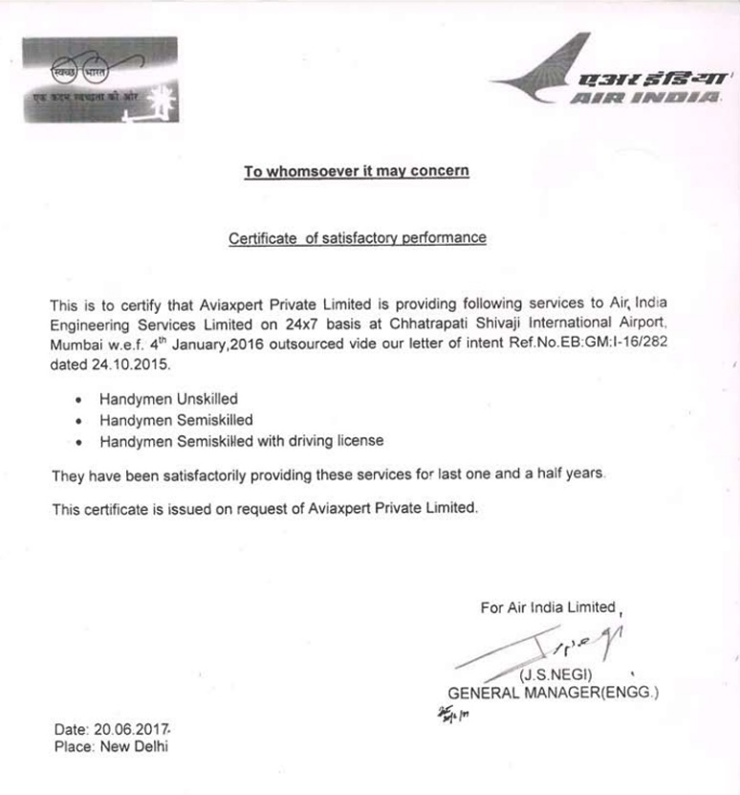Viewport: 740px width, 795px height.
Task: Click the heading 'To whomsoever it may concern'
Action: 357,172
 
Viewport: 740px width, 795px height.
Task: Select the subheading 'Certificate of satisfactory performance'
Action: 357,238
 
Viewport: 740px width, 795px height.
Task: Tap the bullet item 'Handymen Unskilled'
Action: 168,399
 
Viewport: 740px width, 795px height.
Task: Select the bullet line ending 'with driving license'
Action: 241,441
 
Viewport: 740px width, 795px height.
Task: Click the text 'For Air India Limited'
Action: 548,607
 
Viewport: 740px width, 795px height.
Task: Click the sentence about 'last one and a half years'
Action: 327,475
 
